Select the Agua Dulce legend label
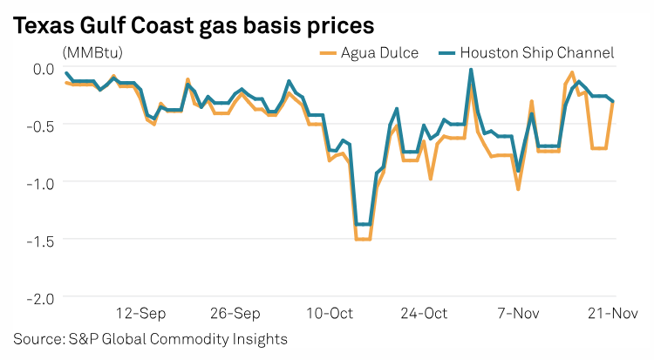point(378,53)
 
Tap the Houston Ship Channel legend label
point(537,53)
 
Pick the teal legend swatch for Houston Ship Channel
point(446,53)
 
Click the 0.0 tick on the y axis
point(42,68)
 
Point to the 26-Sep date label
point(235,312)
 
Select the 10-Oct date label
point(330,312)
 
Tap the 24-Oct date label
point(424,312)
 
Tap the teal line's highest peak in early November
point(471,70)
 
